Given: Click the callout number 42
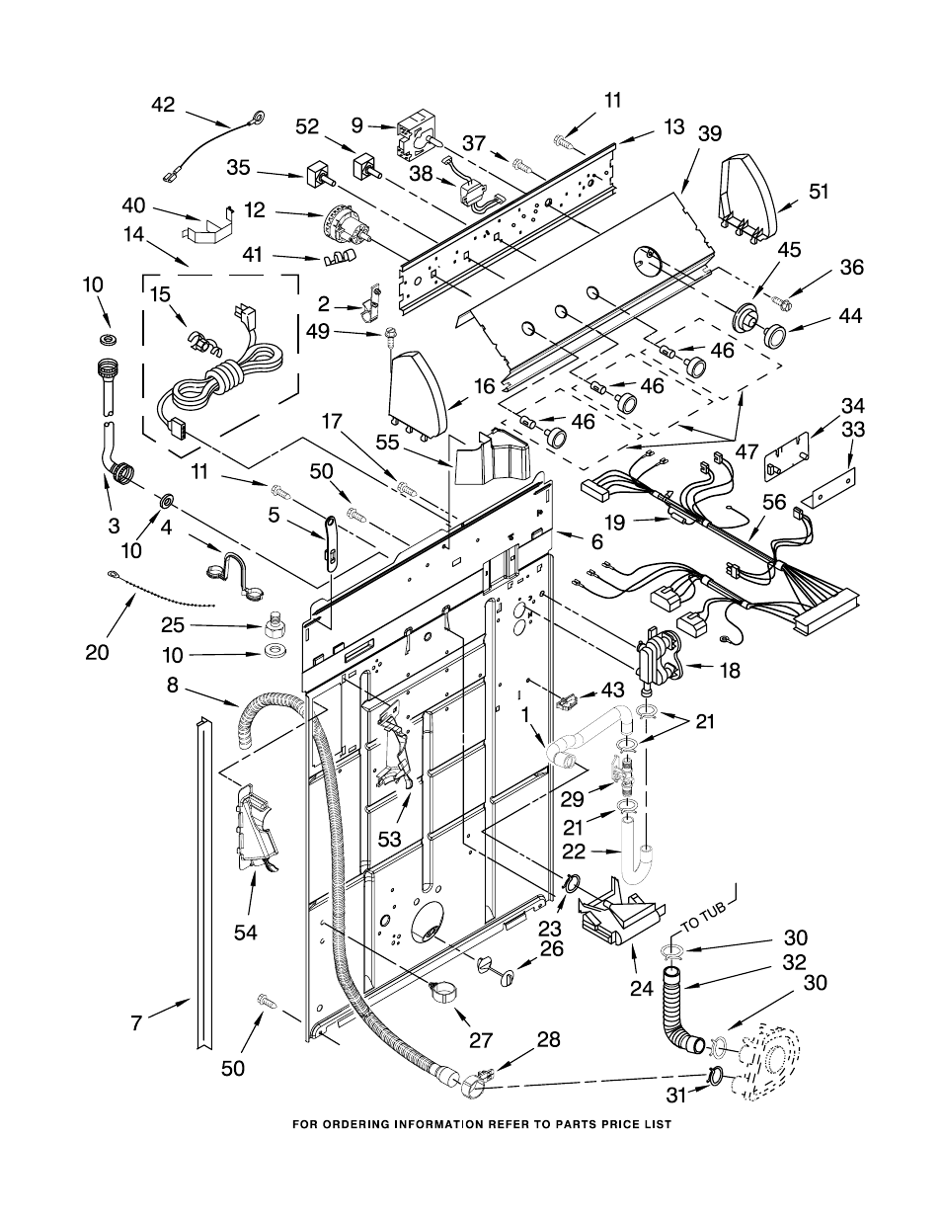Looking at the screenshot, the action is [163, 105].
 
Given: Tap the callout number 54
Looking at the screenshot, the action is [246, 933].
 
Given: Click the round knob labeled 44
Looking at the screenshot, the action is [774, 336].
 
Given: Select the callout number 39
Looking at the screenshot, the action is [709, 134].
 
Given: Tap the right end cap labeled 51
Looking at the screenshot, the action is [747, 200].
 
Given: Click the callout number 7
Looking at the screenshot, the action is [136, 1024].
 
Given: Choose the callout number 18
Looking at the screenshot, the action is [730, 670].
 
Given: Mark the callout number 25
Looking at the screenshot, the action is [172, 625].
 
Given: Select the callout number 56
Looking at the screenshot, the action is [774, 502].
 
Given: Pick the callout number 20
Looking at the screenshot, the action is [97, 652].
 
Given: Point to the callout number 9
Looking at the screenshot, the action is [356, 125].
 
